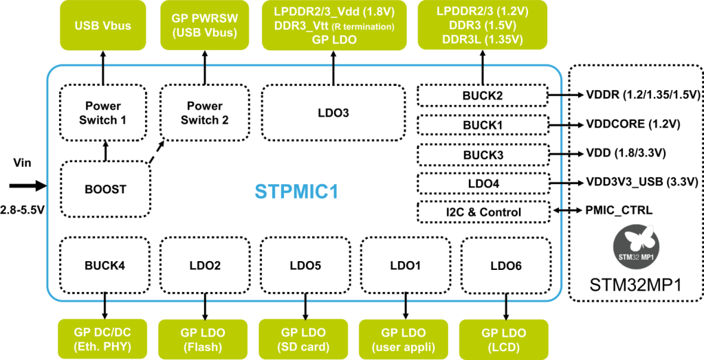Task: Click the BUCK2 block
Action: (x=483, y=96)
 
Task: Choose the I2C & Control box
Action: (x=483, y=212)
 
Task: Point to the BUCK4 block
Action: (x=104, y=265)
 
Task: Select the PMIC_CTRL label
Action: (x=617, y=212)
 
